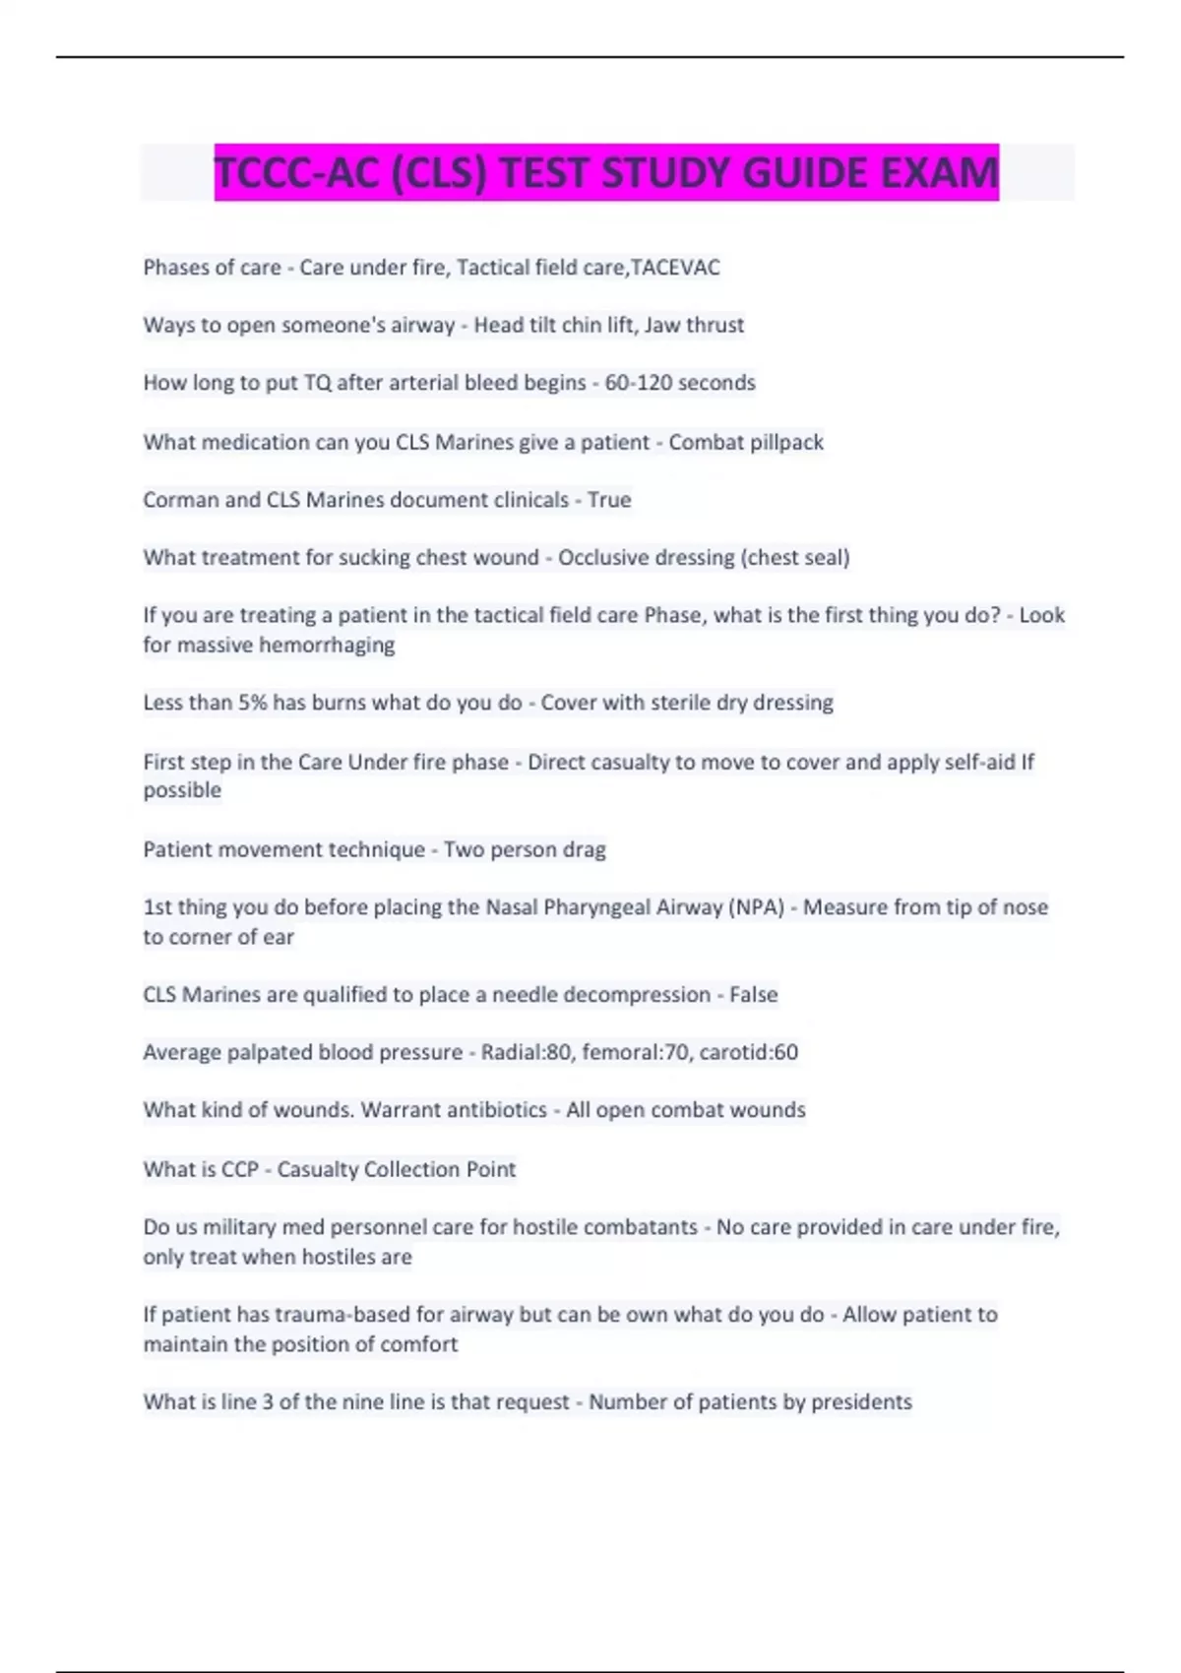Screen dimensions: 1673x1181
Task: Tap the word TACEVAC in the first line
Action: pos(675,268)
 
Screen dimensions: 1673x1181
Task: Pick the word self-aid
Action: pos(973,762)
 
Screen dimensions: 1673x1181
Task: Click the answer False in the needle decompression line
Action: pos(753,995)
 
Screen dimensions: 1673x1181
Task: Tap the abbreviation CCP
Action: pos(240,1169)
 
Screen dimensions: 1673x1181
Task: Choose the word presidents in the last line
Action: pos(862,1402)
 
